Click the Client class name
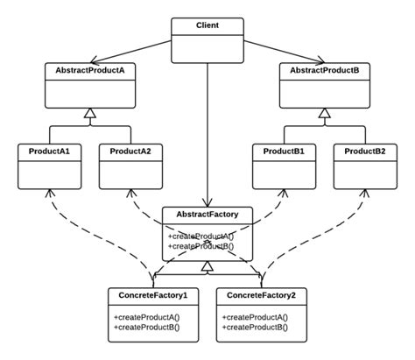(207, 24)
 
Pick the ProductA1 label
(50, 152)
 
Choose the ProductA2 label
(130, 152)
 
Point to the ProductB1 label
(285, 152)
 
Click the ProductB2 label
(365, 152)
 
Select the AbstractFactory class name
(207, 214)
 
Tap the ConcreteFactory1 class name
(152, 296)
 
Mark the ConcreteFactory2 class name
(261, 296)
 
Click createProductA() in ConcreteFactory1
(145, 315)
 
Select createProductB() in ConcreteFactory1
(145, 326)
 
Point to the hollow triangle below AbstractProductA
(88, 113)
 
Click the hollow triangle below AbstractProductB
(325, 113)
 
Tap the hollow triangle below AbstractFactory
(207, 266)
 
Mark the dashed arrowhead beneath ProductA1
(50, 193)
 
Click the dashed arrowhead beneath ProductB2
(365, 193)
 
